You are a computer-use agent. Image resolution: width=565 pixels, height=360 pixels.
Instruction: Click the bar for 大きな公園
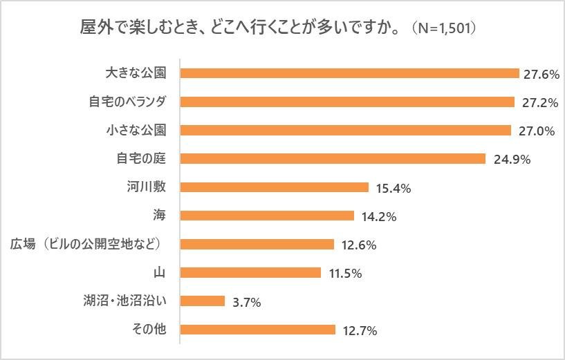point(349,73)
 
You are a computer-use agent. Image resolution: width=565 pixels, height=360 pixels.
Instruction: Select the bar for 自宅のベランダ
point(347,102)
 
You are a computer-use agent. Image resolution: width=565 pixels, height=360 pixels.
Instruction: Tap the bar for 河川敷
point(274,187)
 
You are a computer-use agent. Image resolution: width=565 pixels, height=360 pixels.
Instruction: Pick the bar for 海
point(267,216)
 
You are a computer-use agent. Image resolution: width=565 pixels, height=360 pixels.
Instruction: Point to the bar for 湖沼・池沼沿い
point(203,301)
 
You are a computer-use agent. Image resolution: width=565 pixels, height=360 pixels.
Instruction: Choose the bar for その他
point(257,330)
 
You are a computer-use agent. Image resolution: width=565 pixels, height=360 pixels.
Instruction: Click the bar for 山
point(250,272)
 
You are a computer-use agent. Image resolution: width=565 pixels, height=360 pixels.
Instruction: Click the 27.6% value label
point(541,74)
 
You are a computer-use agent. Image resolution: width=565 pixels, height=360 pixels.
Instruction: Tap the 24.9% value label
point(512,160)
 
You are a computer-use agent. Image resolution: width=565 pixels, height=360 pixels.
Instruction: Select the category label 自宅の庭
point(140,158)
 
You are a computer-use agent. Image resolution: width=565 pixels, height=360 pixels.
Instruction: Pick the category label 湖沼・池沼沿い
point(124,301)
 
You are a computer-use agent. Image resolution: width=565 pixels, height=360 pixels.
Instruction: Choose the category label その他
point(149,330)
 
